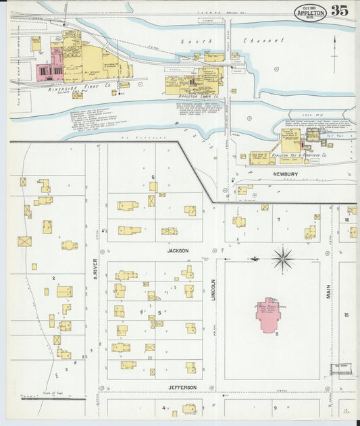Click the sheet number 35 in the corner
pyautogui.click(x=339, y=11)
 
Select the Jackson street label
pyautogui.click(x=178, y=250)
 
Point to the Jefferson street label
pyautogui.click(x=182, y=387)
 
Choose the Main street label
pyautogui.click(x=329, y=291)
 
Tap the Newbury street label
pyautogui.click(x=285, y=174)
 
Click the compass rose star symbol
pyautogui.click(x=282, y=258)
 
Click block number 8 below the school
pyautogui.click(x=276, y=334)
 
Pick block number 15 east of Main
pyautogui.click(x=346, y=315)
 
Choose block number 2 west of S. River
pyautogui.click(x=53, y=277)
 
